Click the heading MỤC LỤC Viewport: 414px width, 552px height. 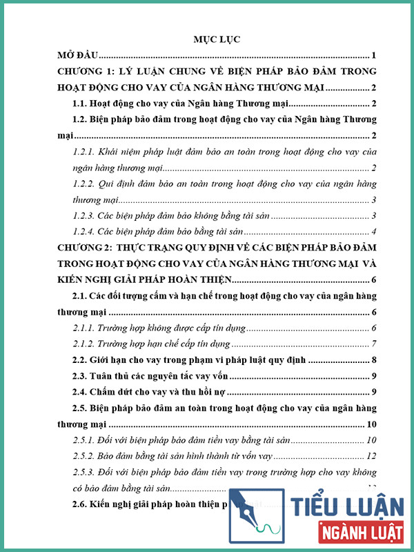pyautogui.click(x=217, y=39)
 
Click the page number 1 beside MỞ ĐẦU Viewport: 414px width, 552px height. pyautogui.click(x=373, y=55)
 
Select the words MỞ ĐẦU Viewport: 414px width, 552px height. pyautogui.click(x=78, y=55)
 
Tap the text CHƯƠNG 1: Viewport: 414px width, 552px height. pyautogui.click(x=89, y=72)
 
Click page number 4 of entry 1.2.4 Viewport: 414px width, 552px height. pyautogui.click(x=373, y=232)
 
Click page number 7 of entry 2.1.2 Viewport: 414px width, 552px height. pyautogui.click(x=373, y=344)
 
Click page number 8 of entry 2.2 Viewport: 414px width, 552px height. pyautogui.click(x=373, y=360)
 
